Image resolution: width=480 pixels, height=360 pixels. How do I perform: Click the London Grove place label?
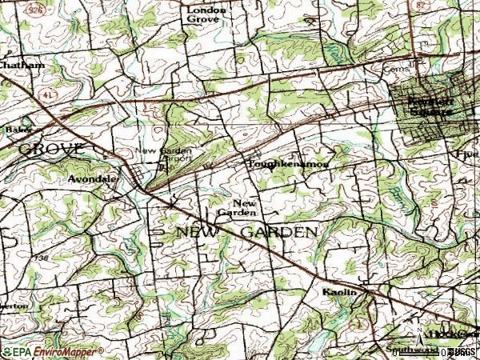tap(206, 16)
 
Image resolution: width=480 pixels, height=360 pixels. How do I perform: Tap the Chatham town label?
tap(22, 66)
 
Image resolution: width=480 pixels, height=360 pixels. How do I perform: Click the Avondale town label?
tap(92, 179)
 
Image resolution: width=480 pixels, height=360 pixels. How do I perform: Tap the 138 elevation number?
tap(42, 258)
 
